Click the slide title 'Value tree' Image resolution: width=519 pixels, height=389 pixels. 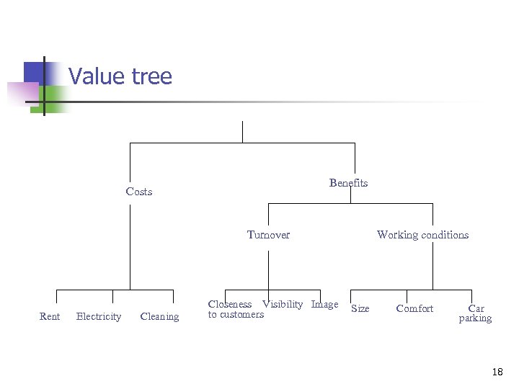tap(120, 76)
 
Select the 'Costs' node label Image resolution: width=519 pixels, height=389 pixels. tap(139, 192)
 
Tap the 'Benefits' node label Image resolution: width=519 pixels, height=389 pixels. tap(348, 183)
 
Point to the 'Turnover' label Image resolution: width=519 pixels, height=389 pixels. tap(268, 235)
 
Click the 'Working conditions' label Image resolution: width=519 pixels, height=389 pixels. tap(422, 235)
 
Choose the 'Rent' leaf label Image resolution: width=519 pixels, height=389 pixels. tap(50, 316)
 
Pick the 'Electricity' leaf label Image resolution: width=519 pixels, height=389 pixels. tap(99, 316)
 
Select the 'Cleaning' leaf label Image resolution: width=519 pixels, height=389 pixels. tap(159, 316)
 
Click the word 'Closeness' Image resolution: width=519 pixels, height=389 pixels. tap(230, 305)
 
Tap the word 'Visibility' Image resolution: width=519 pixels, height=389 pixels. tap(283, 305)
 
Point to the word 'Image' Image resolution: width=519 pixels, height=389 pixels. tap(324, 305)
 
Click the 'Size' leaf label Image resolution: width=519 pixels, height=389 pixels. tap(360, 309)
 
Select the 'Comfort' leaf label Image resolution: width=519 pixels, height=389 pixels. tap(414, 309)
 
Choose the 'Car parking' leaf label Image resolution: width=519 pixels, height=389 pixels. tap(476, 313)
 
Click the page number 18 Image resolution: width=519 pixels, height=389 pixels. tap(497, 372)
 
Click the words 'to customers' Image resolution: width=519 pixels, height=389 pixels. tap(236, 314)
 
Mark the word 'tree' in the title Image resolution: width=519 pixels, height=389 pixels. tap(152, 76)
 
